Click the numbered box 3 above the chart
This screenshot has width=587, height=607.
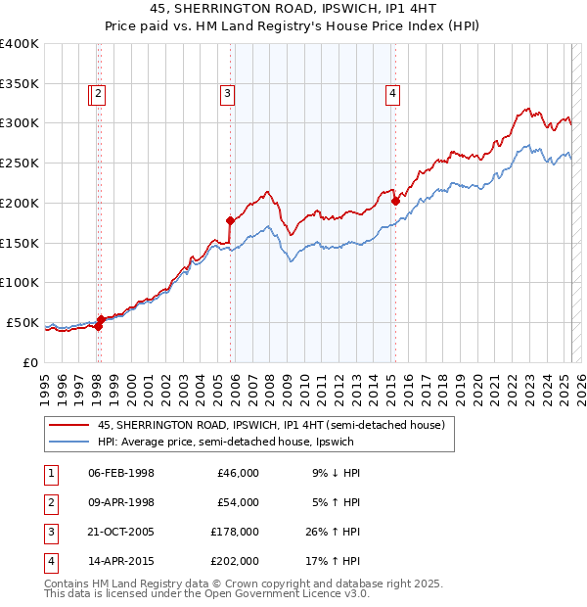[227, 94]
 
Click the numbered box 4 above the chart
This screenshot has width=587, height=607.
[392, 94]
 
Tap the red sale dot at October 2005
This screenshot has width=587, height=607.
[231, 220]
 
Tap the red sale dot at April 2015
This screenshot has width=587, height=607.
[395, 202]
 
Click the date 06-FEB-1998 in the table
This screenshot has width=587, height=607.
[121, 473]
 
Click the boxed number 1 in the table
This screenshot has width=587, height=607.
[50, 473]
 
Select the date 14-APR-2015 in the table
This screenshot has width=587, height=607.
[121, 561]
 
